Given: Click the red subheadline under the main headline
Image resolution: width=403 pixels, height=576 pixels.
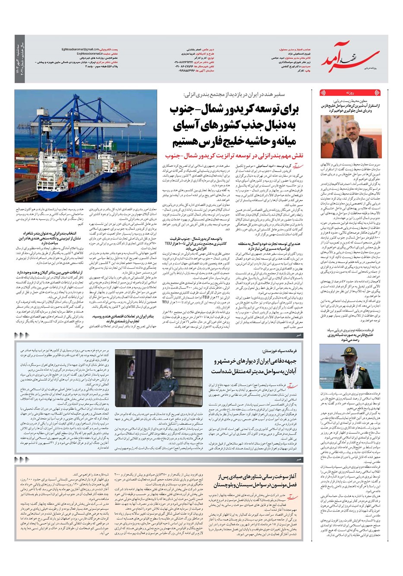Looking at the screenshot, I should coord(235,155).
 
